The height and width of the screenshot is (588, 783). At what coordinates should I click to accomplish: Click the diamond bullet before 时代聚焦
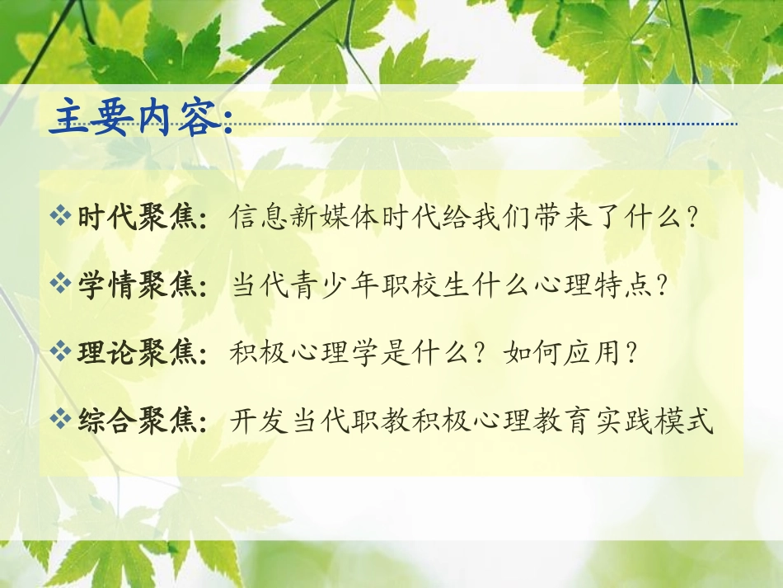(61, 217)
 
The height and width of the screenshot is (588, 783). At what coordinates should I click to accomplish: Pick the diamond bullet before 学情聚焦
(61, 285)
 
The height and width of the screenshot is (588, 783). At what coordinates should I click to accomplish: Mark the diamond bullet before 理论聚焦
(61, 352)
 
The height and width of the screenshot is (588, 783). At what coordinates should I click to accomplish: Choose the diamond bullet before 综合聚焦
(61, 421)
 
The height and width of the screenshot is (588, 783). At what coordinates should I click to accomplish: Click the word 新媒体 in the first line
(334, 218)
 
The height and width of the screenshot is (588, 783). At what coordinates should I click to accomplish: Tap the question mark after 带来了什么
(693, 218)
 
